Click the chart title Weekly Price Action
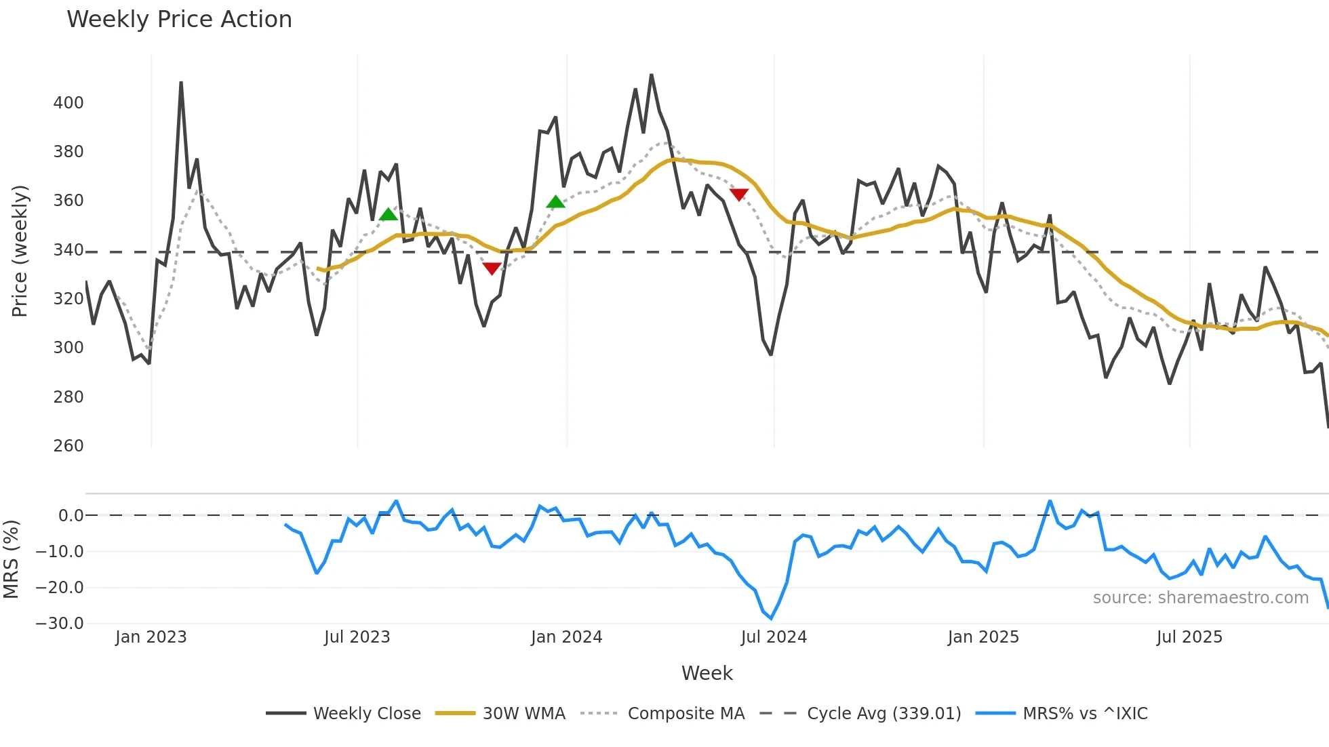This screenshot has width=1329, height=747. [179, 20]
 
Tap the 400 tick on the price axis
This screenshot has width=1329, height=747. [68, 103]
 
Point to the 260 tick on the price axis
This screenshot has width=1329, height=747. [68, 446]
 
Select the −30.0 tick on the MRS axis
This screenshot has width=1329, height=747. [60, 624]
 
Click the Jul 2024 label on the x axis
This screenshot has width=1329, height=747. [774, 637]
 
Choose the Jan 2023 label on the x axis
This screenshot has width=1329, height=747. [151, 637]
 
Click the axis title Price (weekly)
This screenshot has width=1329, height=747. [20, 251]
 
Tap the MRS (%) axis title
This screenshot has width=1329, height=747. [12, 559]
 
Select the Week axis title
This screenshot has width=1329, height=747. [707, 673]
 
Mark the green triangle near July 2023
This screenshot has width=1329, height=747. [389, 215]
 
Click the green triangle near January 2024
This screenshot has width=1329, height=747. [555, 202]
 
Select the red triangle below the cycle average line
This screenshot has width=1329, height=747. [492, 268]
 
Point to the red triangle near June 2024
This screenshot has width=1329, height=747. [738, 195]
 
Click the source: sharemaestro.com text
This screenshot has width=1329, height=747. [1200, 598]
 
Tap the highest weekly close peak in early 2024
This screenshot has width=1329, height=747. [652, 75]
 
